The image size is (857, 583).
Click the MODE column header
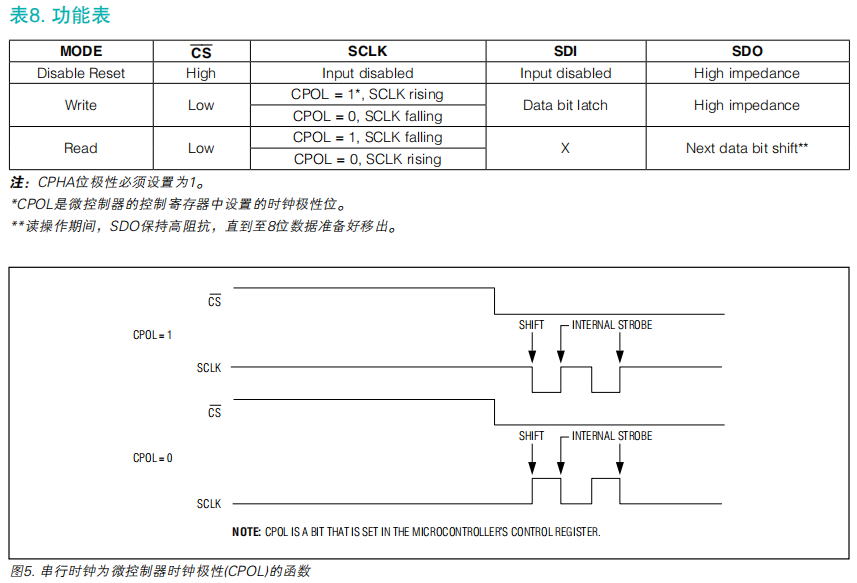coord(81,51)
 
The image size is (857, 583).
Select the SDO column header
coord(746,51)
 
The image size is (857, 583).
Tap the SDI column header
coord(565,51)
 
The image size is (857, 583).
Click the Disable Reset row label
coord(81,73)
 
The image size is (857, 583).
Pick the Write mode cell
coord(81,105)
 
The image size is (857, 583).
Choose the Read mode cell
coord(81,148)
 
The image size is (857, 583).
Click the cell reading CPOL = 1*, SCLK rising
coord(367,94)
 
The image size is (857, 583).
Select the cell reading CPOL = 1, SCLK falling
coord(367,137)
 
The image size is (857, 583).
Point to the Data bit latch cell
coord(565,105)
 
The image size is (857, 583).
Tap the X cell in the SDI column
coord(565,148)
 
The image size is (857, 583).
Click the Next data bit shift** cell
coord(746,148)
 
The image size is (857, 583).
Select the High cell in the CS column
coord(201,73)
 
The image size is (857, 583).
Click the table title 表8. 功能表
coord(60,15)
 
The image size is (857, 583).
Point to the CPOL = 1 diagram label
coord(152,335)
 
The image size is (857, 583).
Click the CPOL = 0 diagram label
coord(152,458)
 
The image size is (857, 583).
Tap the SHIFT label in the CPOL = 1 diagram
coord(532,325)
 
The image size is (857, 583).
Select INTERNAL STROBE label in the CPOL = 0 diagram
coord(612,436)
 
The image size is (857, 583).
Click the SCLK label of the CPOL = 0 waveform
coord(209,504)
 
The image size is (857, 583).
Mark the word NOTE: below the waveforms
coord(247,532)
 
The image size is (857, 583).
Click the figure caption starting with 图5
coord(160,572)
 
